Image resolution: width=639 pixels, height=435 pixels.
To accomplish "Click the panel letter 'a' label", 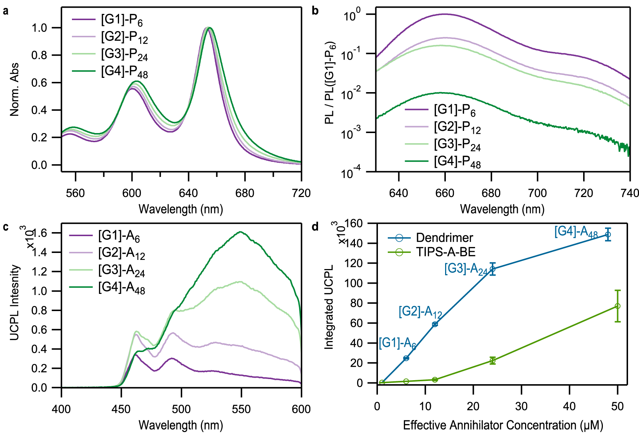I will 5,11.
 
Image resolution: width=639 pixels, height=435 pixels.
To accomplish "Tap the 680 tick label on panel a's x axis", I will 245,193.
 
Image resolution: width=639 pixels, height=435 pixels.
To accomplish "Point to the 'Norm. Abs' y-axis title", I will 15,90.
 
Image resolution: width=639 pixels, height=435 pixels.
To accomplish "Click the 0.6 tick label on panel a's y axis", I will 39,83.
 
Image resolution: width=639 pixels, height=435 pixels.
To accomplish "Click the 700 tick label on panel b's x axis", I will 537,193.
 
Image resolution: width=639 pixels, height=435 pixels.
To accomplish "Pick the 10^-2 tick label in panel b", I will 351,93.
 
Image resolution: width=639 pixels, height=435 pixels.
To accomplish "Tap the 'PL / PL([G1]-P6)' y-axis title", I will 330,82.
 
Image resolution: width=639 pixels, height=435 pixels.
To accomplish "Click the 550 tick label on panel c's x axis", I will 241,409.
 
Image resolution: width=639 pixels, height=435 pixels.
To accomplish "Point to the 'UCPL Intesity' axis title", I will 15,303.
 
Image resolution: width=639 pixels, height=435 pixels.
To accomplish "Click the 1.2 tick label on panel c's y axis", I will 39,272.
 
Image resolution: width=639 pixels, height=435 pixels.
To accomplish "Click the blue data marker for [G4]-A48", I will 608,235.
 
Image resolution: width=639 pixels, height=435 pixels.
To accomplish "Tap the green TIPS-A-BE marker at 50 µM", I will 617,306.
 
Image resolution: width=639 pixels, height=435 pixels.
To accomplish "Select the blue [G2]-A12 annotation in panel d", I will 420,312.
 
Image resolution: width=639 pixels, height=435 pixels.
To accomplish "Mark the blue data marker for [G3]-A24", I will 492,269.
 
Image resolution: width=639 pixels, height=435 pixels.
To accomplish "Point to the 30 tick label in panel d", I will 521,406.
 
